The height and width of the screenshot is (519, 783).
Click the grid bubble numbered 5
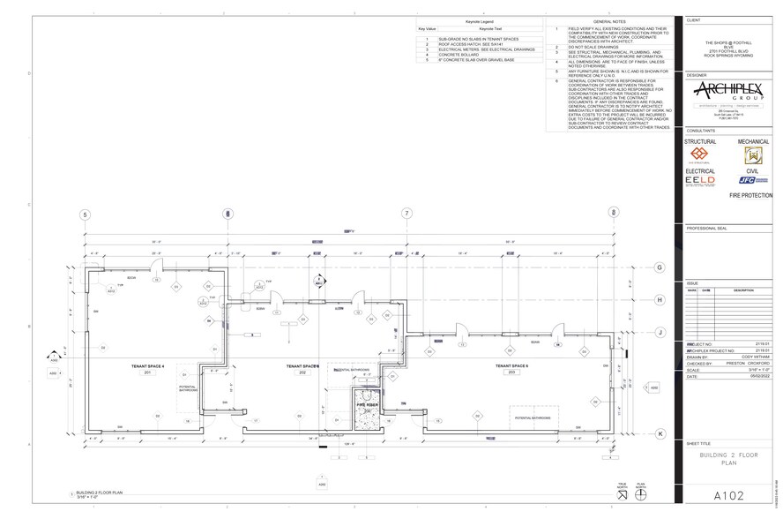point(86,214)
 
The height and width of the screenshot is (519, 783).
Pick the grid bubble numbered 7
point(406,214)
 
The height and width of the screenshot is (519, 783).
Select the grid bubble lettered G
point(660,267)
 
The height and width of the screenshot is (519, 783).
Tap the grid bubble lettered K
point(660,433)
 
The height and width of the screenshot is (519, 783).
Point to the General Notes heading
point(609,20)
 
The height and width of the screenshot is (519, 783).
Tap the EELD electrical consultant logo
point(701,180)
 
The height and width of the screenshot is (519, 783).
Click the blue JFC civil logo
point(751,179)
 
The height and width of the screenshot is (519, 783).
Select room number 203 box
point(511,373)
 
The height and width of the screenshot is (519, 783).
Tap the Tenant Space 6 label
point(511,365)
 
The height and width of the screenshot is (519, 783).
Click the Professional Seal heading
point(703,228)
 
